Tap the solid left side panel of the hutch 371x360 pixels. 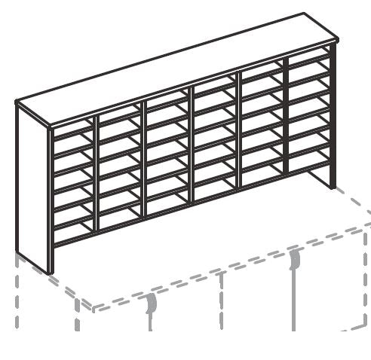click(32, 188)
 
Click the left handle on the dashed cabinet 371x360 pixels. click(152, 305)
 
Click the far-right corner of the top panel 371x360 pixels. click(336, 39)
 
